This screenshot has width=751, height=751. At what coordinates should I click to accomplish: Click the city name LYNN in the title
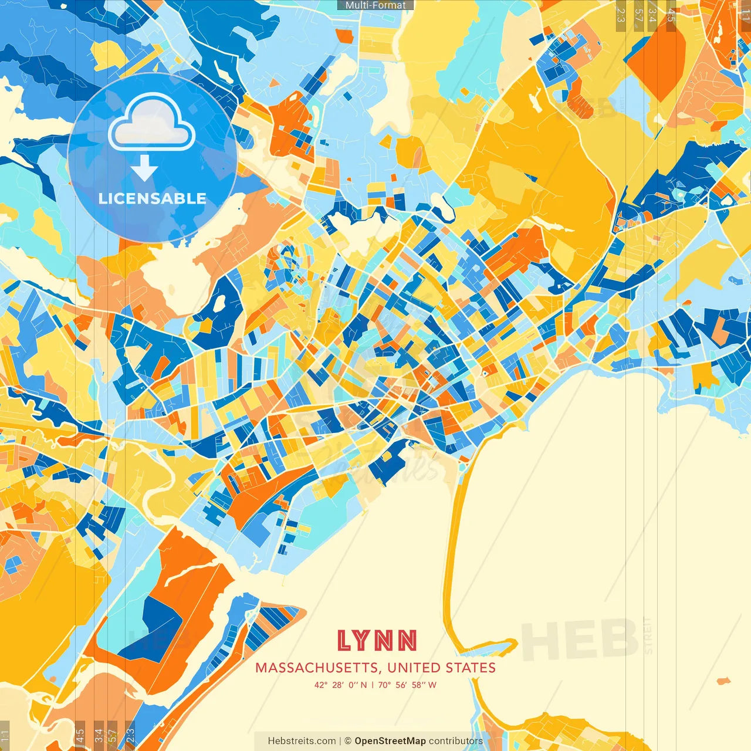pos(377,641)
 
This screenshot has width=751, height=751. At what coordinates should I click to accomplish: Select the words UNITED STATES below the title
pos(441,668)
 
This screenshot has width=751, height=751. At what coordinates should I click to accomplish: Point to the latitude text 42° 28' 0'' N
pos(340,685)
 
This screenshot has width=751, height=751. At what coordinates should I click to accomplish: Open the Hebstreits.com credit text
pos(302,741)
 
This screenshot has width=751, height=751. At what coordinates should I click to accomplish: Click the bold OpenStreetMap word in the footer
pos(390,741)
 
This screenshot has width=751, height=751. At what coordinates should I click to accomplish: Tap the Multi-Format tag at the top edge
pos(375,5)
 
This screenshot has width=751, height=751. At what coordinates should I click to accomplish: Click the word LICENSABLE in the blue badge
pos(152,198)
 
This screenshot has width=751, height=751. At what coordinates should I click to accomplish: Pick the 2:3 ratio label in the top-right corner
pos(621,15)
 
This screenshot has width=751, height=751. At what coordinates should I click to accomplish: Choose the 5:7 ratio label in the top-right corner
pos(638,15)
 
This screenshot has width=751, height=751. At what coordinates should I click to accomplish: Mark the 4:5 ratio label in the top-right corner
pos(671,15)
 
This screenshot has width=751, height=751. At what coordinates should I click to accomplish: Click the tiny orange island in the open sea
pos(723,681)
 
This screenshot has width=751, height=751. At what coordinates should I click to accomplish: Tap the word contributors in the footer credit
pos(455,741)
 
